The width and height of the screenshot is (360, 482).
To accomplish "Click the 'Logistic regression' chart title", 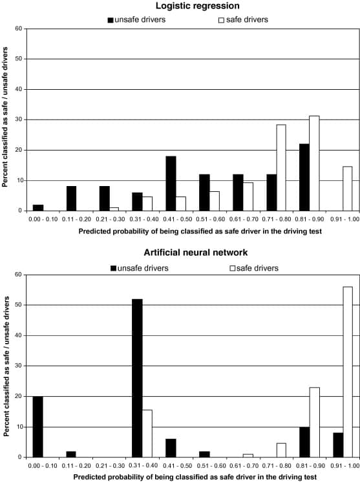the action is coord(197,6).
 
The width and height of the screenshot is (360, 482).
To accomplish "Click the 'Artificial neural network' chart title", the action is coord(196,253).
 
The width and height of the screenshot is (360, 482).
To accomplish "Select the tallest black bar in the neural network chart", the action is coord(137,378).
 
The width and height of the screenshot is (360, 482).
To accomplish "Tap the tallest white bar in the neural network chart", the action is coord(348,372).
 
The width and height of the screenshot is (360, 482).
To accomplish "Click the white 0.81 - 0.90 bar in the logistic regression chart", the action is coord(314,163).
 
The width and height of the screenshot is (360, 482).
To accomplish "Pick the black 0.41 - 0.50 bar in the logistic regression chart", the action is coord(171,183).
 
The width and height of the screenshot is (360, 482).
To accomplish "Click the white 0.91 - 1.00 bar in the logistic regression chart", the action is coord(347,189).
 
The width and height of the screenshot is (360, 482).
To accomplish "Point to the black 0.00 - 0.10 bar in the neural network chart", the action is coord(38,426).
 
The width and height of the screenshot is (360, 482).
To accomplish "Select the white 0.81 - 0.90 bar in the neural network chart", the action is coord(315,422).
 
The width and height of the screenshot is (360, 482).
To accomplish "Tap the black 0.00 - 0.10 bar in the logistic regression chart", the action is coord(38,208).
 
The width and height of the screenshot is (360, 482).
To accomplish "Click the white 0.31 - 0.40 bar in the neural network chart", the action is coord(147,434).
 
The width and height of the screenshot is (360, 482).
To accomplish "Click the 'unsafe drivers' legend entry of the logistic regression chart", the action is coord(136,19).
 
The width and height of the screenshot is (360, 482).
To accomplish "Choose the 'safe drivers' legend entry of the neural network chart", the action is coord(254,268).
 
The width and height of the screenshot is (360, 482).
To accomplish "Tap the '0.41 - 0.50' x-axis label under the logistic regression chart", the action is coord(177,219).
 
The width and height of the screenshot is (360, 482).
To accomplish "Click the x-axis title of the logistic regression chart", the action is coord(200,231).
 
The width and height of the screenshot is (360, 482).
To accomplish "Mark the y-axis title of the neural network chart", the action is coord(6,366).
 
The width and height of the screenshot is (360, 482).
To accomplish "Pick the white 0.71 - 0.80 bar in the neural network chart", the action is coord(281,450).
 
